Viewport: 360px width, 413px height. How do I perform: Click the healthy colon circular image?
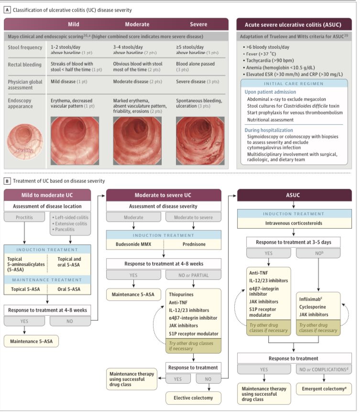pyautogui.click(x=25, y=141)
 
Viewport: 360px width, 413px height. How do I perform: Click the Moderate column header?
pyautogui.click(x=137, y=24)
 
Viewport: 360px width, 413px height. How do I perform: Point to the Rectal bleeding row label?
pyautogui.click(x=24, y=65)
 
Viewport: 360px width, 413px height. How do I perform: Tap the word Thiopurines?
pyautogui.click(x=184, y=295)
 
